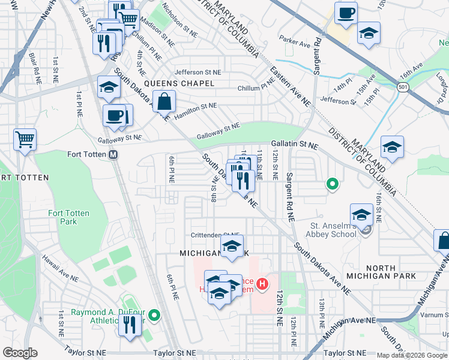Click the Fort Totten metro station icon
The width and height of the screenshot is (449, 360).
point(113,154)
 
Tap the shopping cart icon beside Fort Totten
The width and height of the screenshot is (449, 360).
point(25,140)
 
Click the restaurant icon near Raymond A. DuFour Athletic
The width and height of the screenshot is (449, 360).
point(130,325)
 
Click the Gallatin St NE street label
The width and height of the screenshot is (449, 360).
point(294,145)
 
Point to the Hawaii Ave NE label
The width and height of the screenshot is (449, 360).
point(59,268)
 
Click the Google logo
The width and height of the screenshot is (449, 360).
point(20,353)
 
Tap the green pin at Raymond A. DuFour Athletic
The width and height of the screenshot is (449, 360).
point(154,314)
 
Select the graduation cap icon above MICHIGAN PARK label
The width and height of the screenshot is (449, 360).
point(232,245)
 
